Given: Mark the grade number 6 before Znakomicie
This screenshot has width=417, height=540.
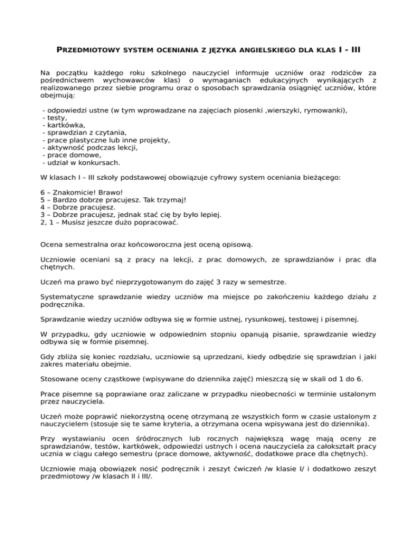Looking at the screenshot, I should pos(43,192).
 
